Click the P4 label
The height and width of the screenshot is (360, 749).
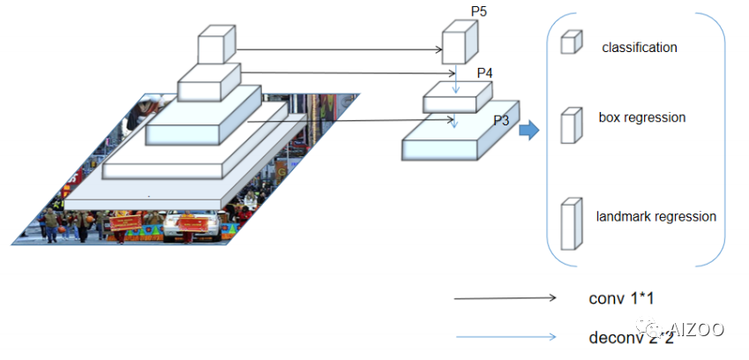484,73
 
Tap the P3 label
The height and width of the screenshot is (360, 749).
501,121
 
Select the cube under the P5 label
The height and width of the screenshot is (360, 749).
459,48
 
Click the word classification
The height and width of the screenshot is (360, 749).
640,48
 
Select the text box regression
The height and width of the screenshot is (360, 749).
641,117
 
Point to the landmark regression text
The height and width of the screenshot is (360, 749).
655,216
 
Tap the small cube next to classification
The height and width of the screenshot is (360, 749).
572,41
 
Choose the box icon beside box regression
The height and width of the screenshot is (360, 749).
572,124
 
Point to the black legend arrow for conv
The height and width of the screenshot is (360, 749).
506,299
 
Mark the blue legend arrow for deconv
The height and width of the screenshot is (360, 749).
506,336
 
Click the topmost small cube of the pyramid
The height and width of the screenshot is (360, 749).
216,44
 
